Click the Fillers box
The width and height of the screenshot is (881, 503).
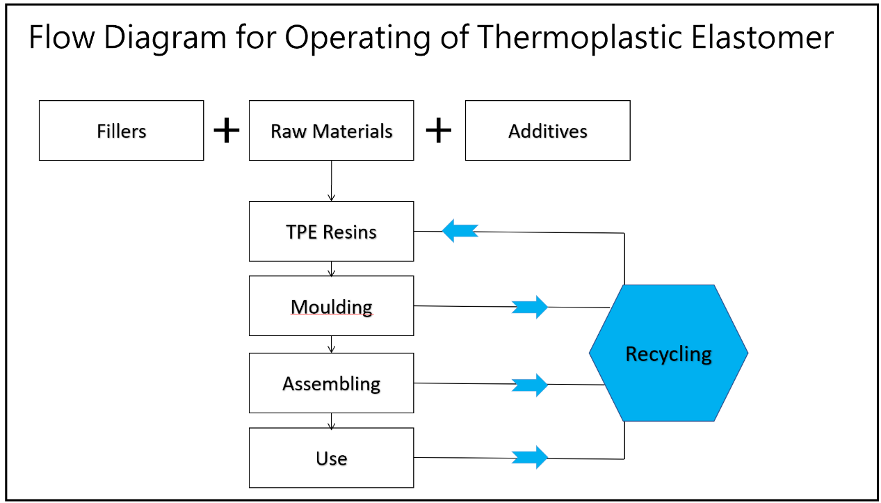[121, 130]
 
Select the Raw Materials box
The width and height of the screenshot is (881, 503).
[331, 130]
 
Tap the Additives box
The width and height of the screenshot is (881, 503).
[547, 130]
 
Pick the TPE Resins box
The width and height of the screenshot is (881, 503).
[331, 231]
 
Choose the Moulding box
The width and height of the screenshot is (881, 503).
[331, 306]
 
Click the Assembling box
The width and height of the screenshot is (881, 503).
[331, 383]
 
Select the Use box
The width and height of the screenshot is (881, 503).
[331, 458]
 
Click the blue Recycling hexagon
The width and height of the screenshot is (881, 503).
[668, 353]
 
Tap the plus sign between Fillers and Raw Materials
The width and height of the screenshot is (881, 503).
[226, 130]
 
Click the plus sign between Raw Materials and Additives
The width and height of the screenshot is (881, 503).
[439, 130]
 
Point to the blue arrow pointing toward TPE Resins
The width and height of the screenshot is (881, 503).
[460, 231]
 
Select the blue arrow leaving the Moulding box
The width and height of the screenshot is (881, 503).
[530, 307]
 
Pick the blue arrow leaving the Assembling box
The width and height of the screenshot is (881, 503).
[530, 385]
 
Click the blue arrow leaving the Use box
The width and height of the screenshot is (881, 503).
[530, 457]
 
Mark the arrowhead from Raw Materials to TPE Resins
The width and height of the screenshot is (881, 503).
[331, 197]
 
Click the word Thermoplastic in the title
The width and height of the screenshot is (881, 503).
[579, 38]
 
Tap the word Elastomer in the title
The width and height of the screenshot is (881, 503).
[762, 37]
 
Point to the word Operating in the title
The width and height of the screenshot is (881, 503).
[357, 38]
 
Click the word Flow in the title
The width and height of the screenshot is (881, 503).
[62, 37]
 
